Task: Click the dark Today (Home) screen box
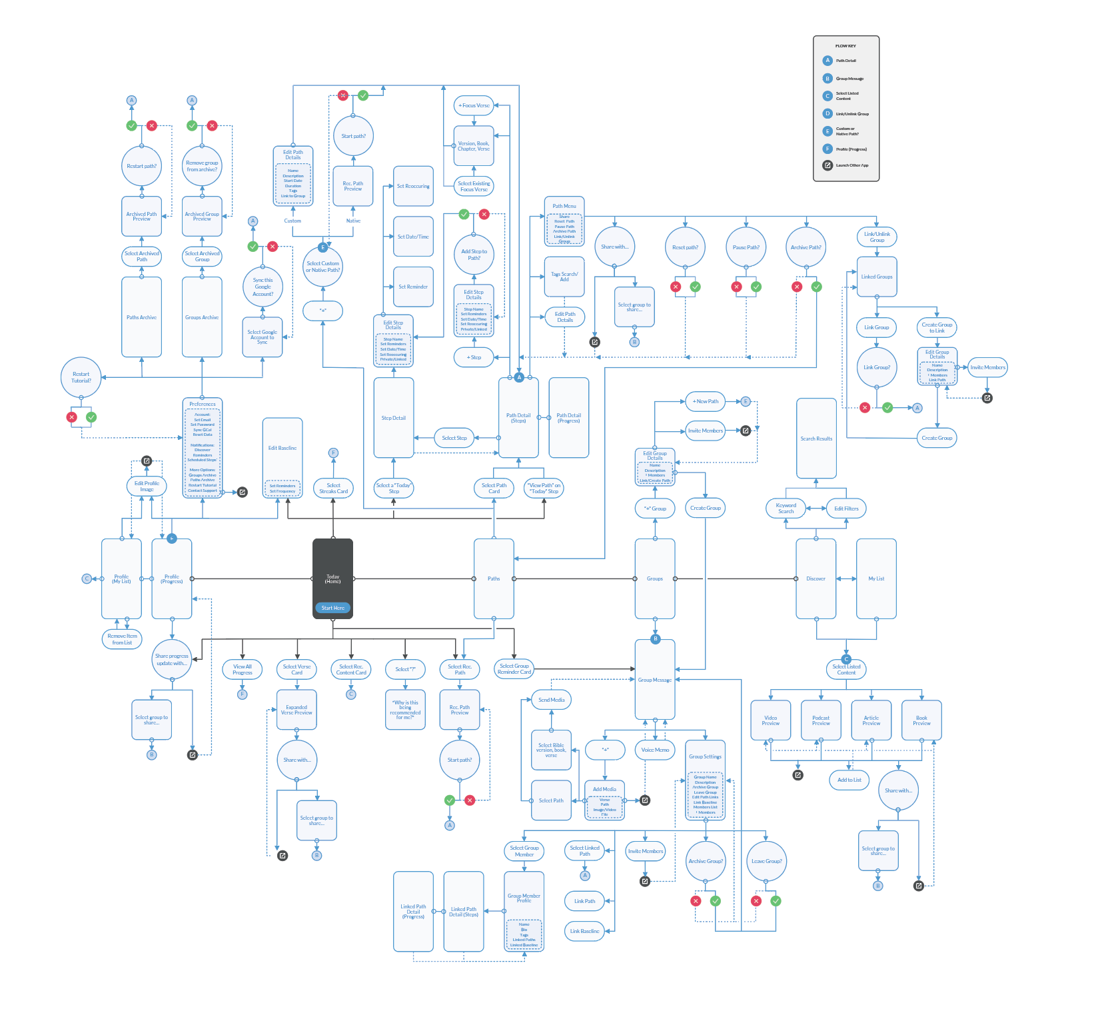[332, 573]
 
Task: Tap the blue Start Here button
[332, 608]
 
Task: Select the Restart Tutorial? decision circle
[81, 377]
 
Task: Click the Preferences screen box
[202, 448]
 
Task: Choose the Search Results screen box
[816, 439]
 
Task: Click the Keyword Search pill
[786, 509]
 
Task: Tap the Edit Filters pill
[846, 509]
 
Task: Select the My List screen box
[876, 578]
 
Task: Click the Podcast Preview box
[821, 720]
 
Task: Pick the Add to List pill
[849, 780]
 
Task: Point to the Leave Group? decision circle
[766, 861]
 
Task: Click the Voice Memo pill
[655, 750]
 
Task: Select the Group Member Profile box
[524, 910]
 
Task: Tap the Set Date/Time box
[413, 237]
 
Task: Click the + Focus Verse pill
[474, 105]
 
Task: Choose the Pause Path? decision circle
[746, 247]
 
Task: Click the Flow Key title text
[845, 46]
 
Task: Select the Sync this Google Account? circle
[263, 287]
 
